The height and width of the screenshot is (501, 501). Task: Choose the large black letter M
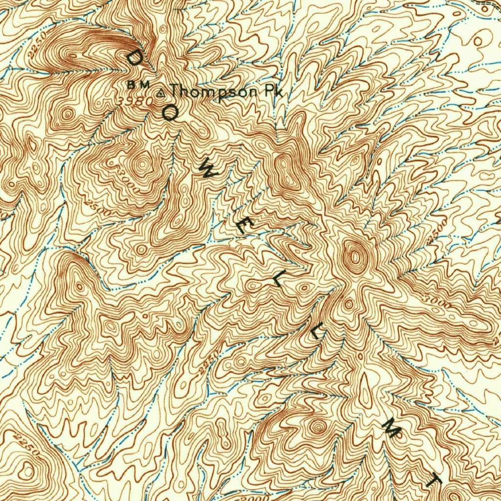(393, 429)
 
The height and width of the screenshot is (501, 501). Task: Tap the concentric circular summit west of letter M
(319, 427)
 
